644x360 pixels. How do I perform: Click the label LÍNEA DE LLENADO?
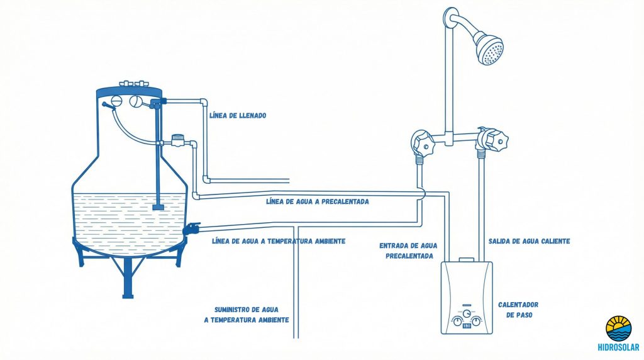pyautogui.click(x=238, y=116)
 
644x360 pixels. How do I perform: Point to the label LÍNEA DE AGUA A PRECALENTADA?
pyautogui.click(x=317, y=202)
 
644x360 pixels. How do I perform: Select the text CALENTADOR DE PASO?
pyautogui.click(x=518, y=310)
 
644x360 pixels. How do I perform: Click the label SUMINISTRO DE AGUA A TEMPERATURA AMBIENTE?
pyautogui.click(x=246, y=315)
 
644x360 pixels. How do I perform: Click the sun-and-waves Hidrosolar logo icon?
pyautogui.click(x=619, y=328)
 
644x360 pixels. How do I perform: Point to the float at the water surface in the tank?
pyautogui.click(x=158, y=206)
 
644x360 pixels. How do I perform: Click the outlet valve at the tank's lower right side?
pyautogui.click(x=191, y=227)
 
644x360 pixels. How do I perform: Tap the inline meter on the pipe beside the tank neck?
pyautogui.click(x=177, y=140)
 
